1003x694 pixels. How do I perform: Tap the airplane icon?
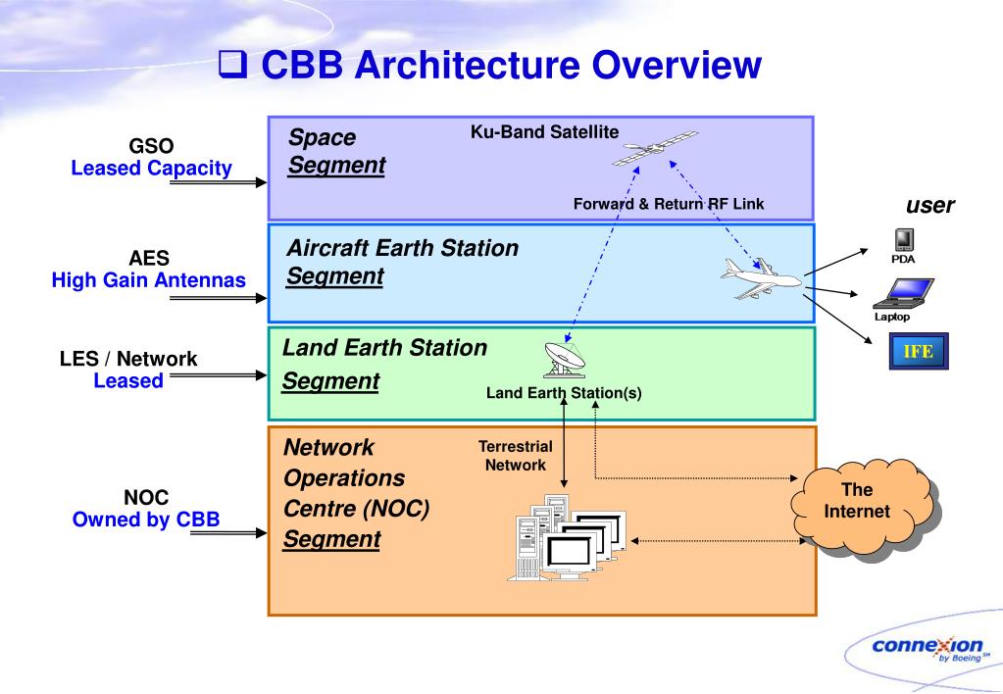tap(760, 279)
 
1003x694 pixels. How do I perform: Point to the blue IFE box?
tap(919, 350)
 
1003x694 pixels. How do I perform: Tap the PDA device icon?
tap(904, 240)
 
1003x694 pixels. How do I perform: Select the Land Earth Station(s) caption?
tap(564, 393)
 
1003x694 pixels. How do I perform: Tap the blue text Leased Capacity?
tap(151, 168)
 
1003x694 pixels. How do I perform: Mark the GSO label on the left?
tap(151, 148)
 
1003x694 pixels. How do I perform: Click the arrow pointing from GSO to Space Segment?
tap(230, 181)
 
